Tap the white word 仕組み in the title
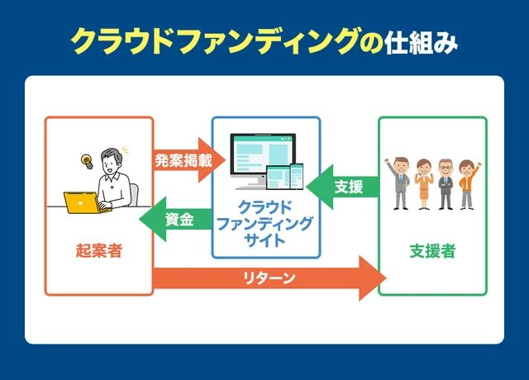(x=421, y=42)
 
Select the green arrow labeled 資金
(x=176, y=220)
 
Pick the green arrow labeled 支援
(x=343, y=187)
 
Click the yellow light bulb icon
(x=84, y=160)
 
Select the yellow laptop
(x=83, y=202)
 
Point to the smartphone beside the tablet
(x=297, y=176)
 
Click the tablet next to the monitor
(x=278, y=178)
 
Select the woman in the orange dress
(x=422, y=183)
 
